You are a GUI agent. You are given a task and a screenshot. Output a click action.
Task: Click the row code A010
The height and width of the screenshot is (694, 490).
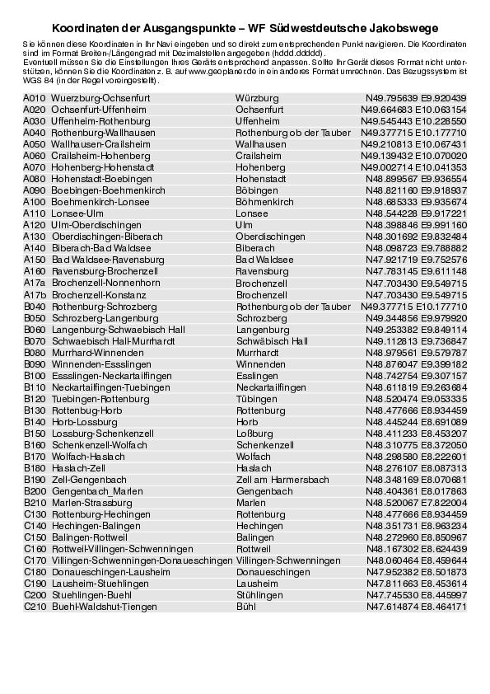[x=35, y=98]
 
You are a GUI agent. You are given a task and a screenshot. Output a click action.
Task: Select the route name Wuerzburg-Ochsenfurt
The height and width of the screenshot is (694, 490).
[x=100, y=98]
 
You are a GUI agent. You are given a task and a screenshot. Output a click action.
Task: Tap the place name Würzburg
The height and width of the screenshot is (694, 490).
[x=257, y=98]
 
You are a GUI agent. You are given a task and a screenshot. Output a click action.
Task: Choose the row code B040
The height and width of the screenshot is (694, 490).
[x=35, y=307]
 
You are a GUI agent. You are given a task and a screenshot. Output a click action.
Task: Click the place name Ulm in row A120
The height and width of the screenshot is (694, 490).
[x=245, y=224]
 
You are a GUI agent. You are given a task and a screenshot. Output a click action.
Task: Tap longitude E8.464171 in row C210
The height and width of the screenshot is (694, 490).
[x=444, y=607]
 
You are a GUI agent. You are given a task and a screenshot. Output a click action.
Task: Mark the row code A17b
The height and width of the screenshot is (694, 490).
[x=35, y=294]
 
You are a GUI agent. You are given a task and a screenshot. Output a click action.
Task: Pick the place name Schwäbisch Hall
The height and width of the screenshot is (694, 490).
[x=272, y=340]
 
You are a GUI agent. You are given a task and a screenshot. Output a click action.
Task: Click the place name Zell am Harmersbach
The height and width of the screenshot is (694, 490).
[x=282, y=480]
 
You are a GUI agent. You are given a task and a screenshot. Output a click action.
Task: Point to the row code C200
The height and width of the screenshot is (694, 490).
[x=35, y=595]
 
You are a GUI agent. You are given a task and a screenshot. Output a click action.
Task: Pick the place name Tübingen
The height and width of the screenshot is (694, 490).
[x=256, y=398]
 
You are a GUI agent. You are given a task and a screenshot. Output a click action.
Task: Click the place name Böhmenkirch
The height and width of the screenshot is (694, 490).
[x=264, y=202]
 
